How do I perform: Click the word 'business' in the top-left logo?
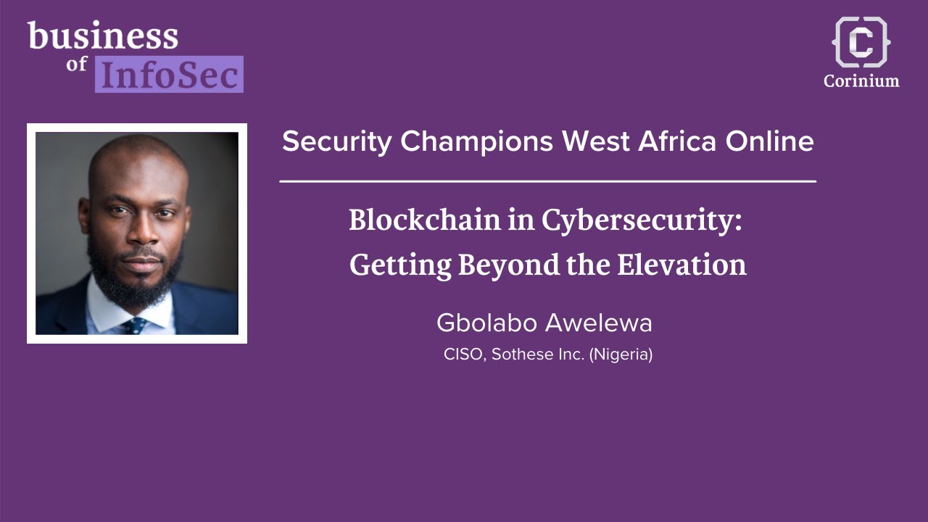pos(102,36)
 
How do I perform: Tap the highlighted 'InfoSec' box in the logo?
pos(169,74)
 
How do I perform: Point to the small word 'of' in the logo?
pos(77,65)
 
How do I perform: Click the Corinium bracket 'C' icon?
pos(861,42)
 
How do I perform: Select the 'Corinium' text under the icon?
pos(861,80)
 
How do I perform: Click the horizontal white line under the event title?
pos(547,181)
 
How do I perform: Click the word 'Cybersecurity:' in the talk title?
pos(642,221)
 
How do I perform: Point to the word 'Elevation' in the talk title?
pos(681,265)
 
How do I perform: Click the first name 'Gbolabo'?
pos(486,323)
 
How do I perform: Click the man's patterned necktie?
pos(135,325)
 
